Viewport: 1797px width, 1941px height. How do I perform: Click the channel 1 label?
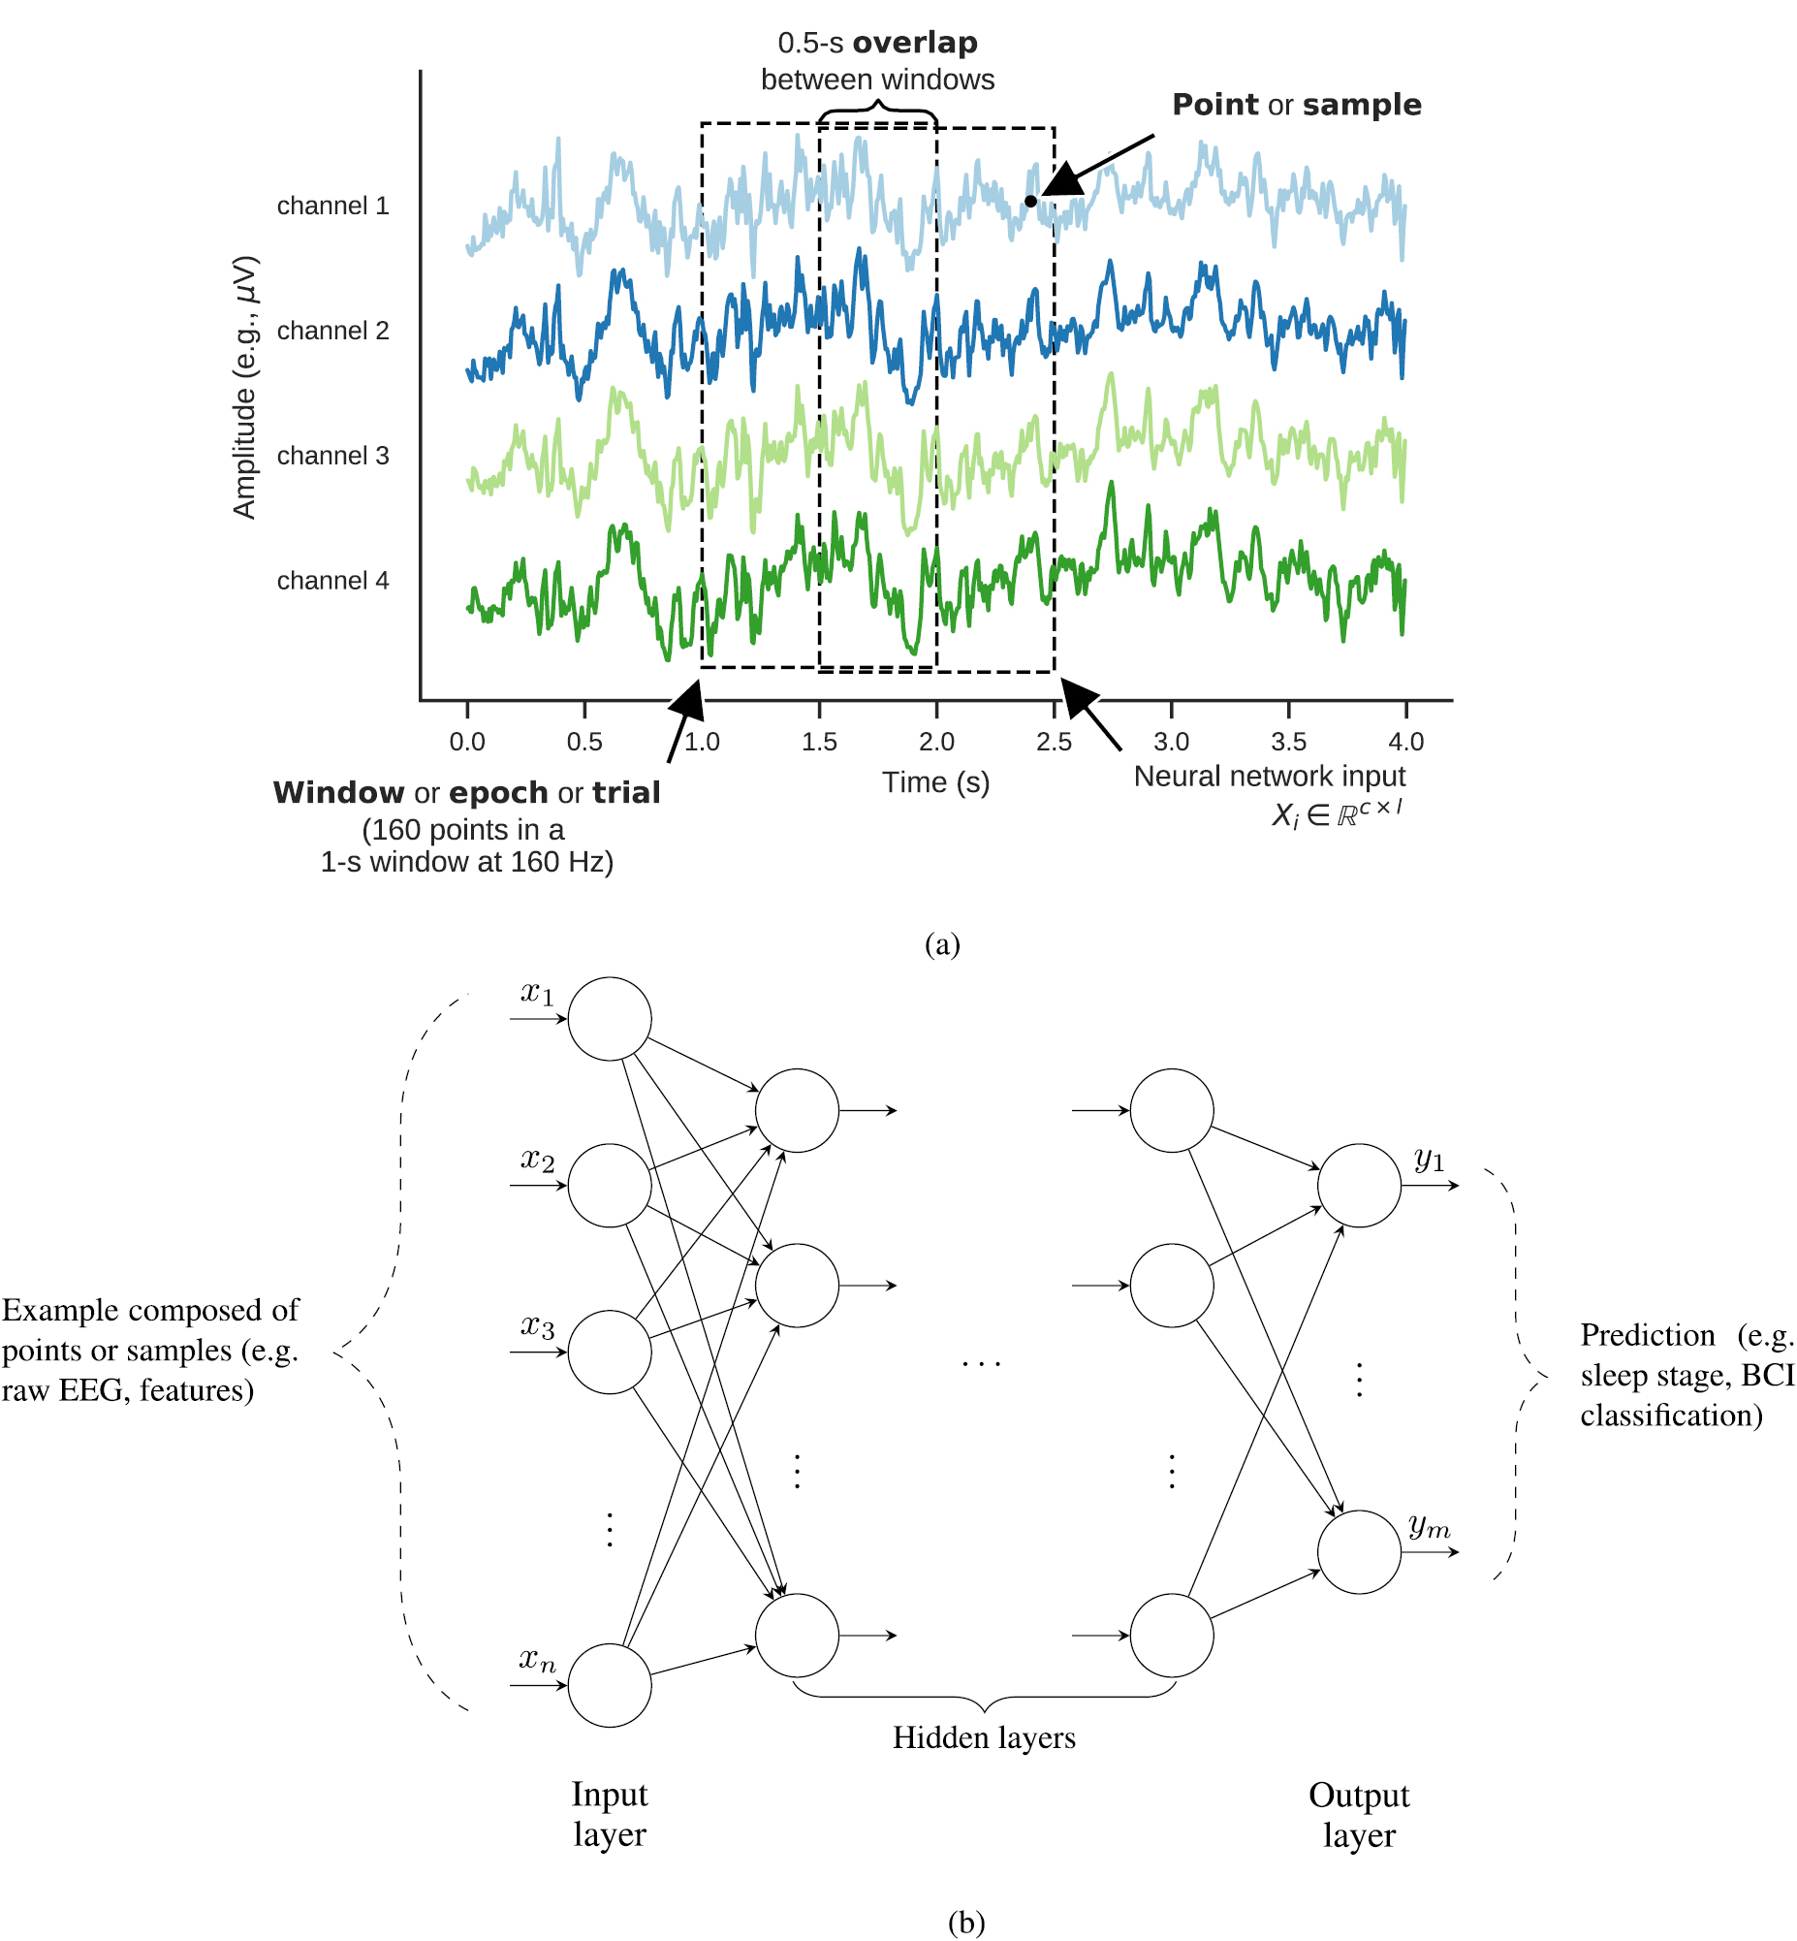tap(332, 207)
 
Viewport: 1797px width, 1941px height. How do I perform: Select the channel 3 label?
tap(332, 456)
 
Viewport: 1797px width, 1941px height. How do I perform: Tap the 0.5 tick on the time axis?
tap(584, 742)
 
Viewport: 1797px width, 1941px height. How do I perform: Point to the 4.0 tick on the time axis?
tap(1405, 742)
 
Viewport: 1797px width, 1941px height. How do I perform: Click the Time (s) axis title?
tap(935, 782)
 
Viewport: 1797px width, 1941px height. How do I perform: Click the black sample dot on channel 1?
tap(1030, 202)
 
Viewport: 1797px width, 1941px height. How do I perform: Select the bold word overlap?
tap(915, 43)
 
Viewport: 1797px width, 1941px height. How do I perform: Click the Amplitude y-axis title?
tap(245, 387)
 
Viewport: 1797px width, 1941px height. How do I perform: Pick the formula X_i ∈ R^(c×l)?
tap(1337, 813)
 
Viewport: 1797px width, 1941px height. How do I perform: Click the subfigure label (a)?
tap(942, 944)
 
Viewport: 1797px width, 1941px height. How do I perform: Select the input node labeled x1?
tap(610, 1019)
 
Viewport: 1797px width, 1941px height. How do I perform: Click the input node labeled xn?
tap(610, 1685)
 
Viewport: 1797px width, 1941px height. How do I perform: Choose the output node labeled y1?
tap(1359, 1186)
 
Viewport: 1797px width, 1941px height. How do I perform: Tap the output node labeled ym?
tap(1359, 1552)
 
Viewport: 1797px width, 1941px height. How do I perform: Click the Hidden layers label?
tap(984, 1737)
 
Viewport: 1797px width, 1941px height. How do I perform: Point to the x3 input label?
tap(538, 1325)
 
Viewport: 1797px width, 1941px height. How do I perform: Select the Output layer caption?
tap(1359, 1815)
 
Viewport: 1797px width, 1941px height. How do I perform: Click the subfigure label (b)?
tap(965, 1923)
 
